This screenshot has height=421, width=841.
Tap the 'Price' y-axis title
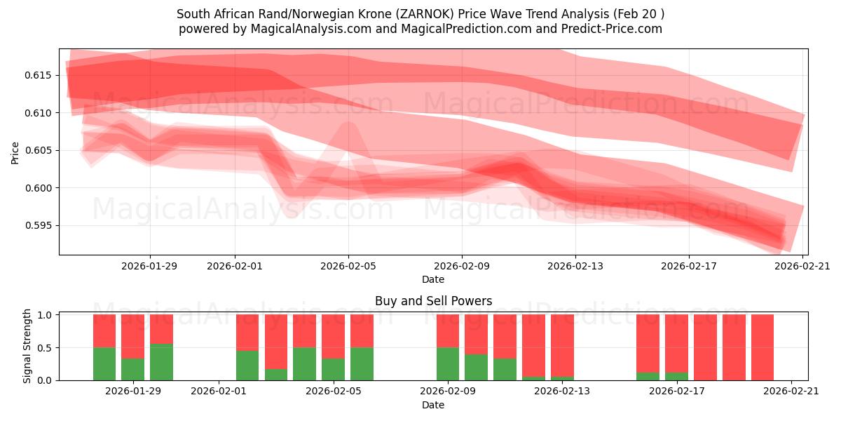coord(15,152)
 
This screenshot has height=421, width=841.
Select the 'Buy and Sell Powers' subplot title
coord(433,301)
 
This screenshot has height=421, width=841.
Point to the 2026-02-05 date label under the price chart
coord(348,266)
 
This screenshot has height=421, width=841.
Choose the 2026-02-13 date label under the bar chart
coord(562,392)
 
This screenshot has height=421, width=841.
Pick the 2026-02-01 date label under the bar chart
coord(219,392)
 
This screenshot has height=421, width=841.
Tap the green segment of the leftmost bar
coord(104,363)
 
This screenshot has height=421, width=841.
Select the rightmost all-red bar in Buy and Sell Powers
coord(763,347)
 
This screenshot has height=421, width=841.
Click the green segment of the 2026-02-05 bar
coord(362,363)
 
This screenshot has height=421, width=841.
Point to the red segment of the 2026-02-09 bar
coord(448,330)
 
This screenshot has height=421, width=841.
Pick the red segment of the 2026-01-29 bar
coord(161,328)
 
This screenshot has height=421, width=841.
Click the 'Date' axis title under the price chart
coord(433,279)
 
